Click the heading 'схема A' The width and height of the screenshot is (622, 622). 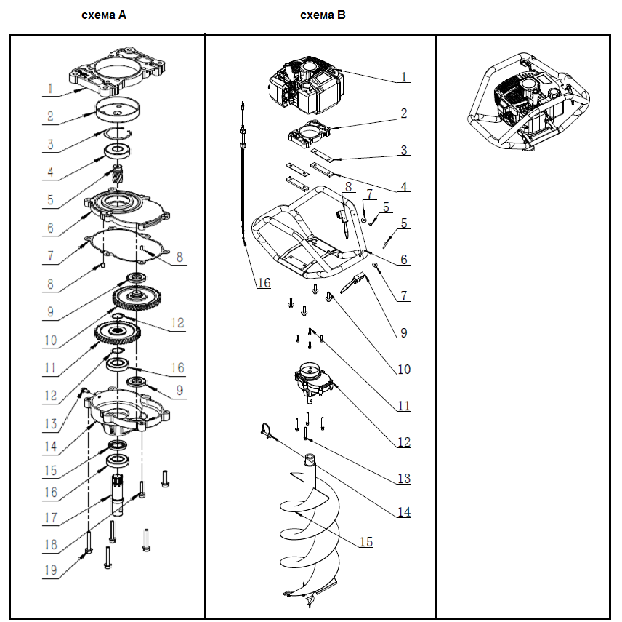(x=104, y=15)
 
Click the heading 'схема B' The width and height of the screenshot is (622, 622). (x=323, y=15)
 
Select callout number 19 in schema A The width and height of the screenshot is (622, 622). (x=50, y=570)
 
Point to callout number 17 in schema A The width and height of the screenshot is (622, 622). (x=50, y=518)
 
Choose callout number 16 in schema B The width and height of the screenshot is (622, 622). (x=264, y=282)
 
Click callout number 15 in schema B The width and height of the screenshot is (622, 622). (x=365, y=542)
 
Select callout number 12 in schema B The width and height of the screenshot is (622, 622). (x=403, y=442)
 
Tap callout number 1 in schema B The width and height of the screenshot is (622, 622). (x=404, y=76)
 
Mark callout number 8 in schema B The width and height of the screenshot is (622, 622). (x=348, y=186)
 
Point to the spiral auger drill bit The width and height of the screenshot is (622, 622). (x=310, y=531)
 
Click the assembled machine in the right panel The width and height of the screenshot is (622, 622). (x=522, y=102)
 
